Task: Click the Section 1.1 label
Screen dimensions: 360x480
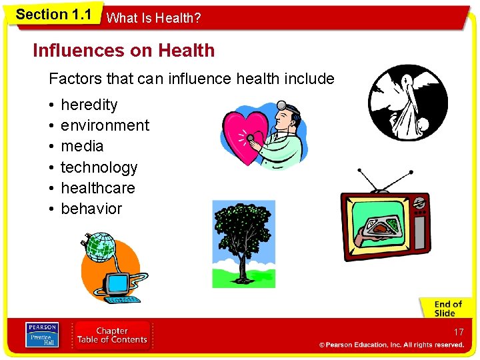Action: point(53,15)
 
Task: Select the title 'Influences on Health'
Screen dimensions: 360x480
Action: point(123,51)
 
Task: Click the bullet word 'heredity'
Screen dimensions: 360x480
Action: point(89,105)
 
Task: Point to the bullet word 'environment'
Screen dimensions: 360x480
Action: point(105,125)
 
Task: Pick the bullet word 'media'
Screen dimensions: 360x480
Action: point(82,146)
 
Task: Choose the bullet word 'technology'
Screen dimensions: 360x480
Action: point(99,167)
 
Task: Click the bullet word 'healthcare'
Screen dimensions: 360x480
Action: point(97,188)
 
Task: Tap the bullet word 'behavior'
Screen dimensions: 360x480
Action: point(91,209)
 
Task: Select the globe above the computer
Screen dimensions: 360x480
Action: point(101,247)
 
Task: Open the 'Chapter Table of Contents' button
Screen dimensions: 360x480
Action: point(111,335)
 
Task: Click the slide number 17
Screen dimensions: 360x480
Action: point(458,332)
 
